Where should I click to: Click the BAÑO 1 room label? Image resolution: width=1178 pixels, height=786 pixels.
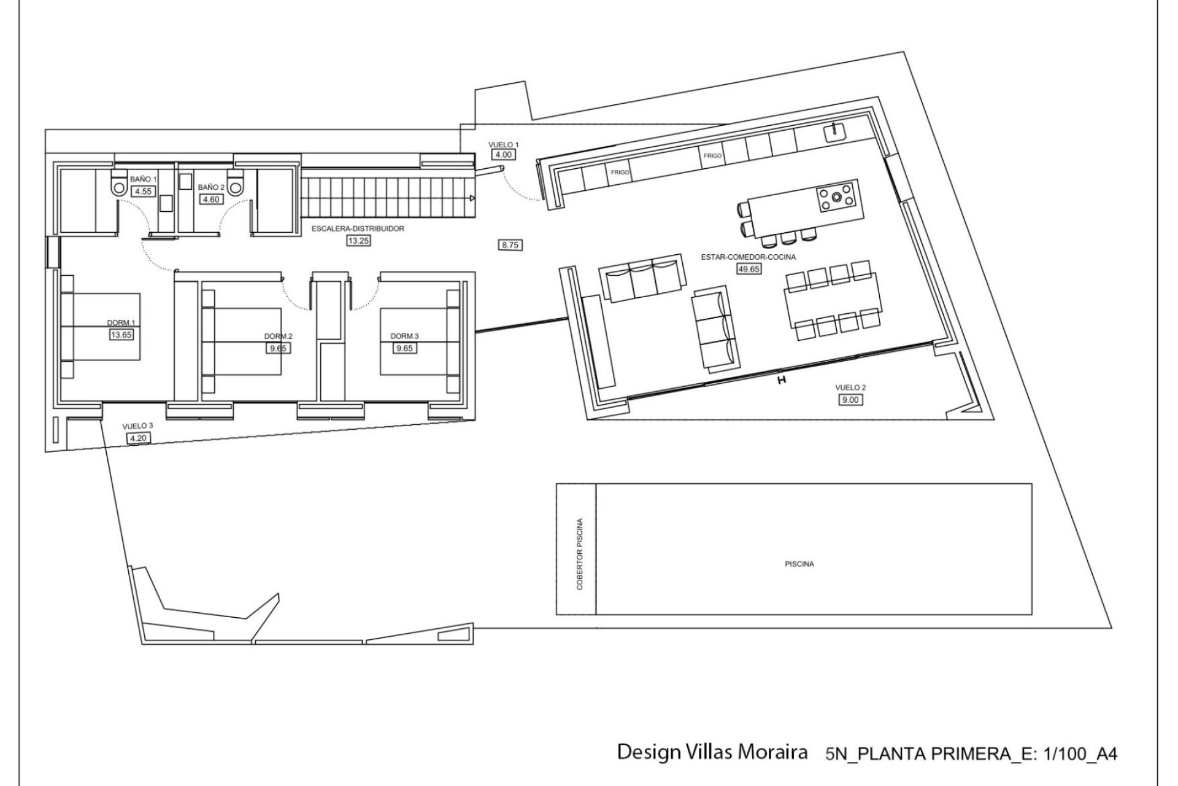pos(144,179)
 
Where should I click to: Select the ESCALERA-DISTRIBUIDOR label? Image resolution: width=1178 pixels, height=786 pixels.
pos(358,228)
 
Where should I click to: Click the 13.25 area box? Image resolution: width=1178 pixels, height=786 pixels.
pos(358,241)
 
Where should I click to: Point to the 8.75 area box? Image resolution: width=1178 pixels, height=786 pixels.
pos(510,245)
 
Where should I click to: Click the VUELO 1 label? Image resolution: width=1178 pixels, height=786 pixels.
pos(504,144)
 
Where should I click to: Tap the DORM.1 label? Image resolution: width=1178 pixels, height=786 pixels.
pos(120,323)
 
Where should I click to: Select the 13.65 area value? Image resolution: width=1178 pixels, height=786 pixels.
pos(121,335)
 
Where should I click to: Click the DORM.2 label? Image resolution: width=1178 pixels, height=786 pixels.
pos(279,337)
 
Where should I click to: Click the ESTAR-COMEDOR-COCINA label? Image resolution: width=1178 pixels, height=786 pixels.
pos(749,257)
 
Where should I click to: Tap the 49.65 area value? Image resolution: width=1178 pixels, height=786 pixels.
pos(749,268)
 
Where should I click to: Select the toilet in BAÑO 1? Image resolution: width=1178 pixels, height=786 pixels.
pos(118,184)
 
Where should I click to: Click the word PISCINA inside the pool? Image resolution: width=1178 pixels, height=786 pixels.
pos(799,564)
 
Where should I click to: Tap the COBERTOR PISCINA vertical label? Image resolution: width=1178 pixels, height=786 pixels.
pos(580,554)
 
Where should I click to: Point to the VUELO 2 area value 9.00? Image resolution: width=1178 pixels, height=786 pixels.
pos(851,400)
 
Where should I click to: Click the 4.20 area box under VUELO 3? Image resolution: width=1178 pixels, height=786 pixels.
pos(135,438)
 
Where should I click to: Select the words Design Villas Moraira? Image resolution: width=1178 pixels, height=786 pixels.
pos(712,753)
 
